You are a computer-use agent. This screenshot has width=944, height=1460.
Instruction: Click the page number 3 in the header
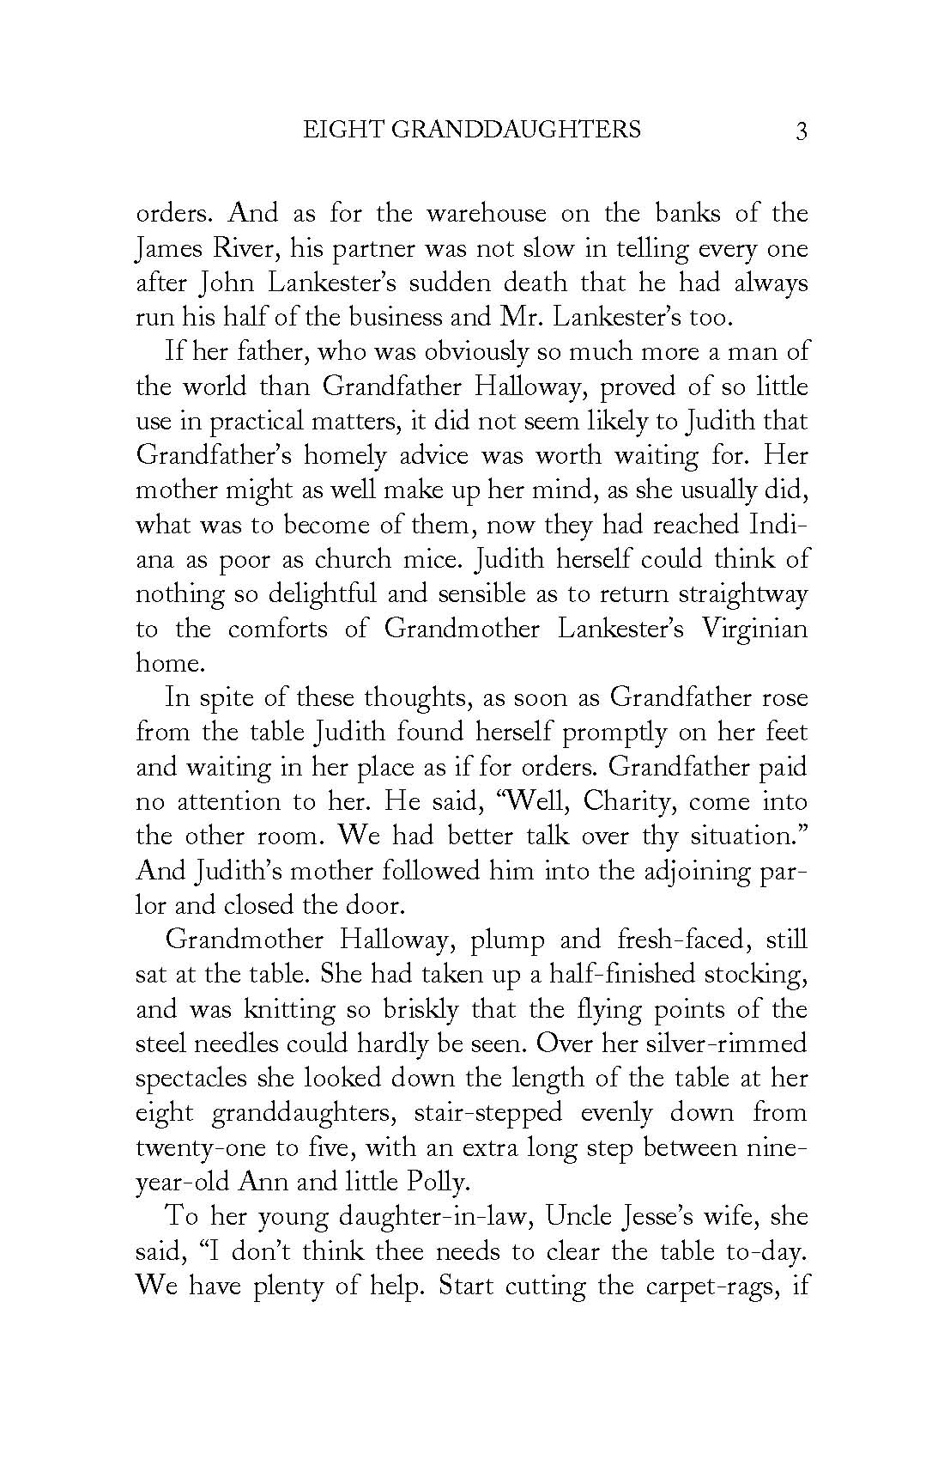pos(802,131)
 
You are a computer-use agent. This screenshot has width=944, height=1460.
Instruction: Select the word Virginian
pos(754,629)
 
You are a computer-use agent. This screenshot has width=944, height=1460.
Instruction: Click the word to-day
pos(766,1251)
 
